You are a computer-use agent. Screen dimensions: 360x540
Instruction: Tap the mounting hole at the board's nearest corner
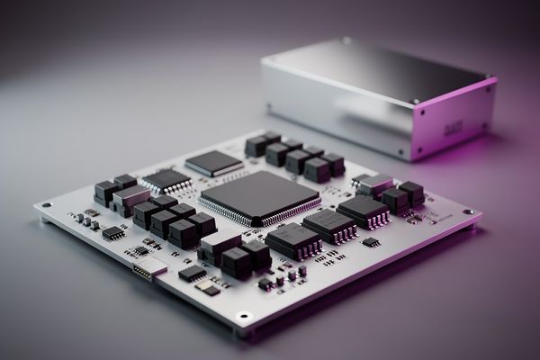coord(243,317)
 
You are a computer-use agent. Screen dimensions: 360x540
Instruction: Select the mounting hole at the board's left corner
coord(46,205)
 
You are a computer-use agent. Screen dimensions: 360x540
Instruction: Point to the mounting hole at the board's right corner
coord(467,212)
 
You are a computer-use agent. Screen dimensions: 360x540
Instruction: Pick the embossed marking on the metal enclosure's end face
coord(455,129)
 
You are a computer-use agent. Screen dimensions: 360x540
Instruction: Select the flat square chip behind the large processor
coord(213,163)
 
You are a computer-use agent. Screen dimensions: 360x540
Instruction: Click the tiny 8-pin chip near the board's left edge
coord(113,233)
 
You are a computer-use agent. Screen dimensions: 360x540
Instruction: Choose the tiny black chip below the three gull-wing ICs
coord(370,242)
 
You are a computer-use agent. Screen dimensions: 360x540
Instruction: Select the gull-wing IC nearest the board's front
coord(292,239)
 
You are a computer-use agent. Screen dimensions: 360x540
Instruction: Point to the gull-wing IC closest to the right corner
coord(363,211)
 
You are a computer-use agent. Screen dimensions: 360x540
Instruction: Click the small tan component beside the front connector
coord(209,290)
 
